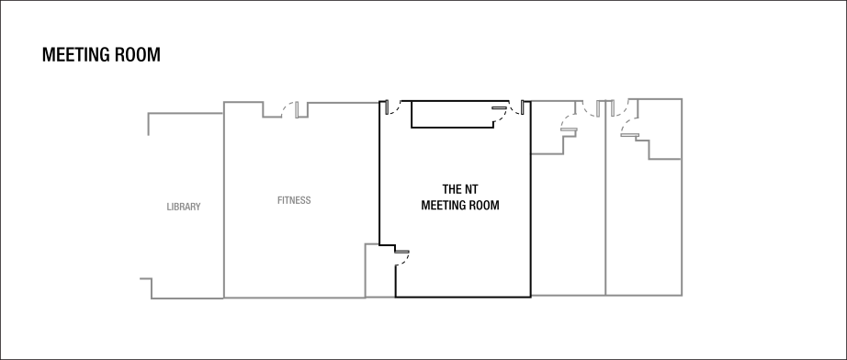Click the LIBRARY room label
pyautogui.click(x=184, y=207)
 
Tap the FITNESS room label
pyautogui.click(x=294, y=200)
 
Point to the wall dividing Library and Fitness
pyautogui.click(x=223, y=202)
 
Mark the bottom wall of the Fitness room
pyautogui.click(x=294, y=298)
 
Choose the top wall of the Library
pyautogui.click(x=186, y=113)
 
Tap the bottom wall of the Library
pyautogui.click(x=188, y=298)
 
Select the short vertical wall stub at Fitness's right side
pyautogui.click(x=366, y=270)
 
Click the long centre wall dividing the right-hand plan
pyautogui.click(x=606, y=211)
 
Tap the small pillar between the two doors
pyautogui.click(x=605, y=108)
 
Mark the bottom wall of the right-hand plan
pyautogui.click(x=606, y=295)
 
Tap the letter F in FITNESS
pyautogui.click(x=279, y=200)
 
